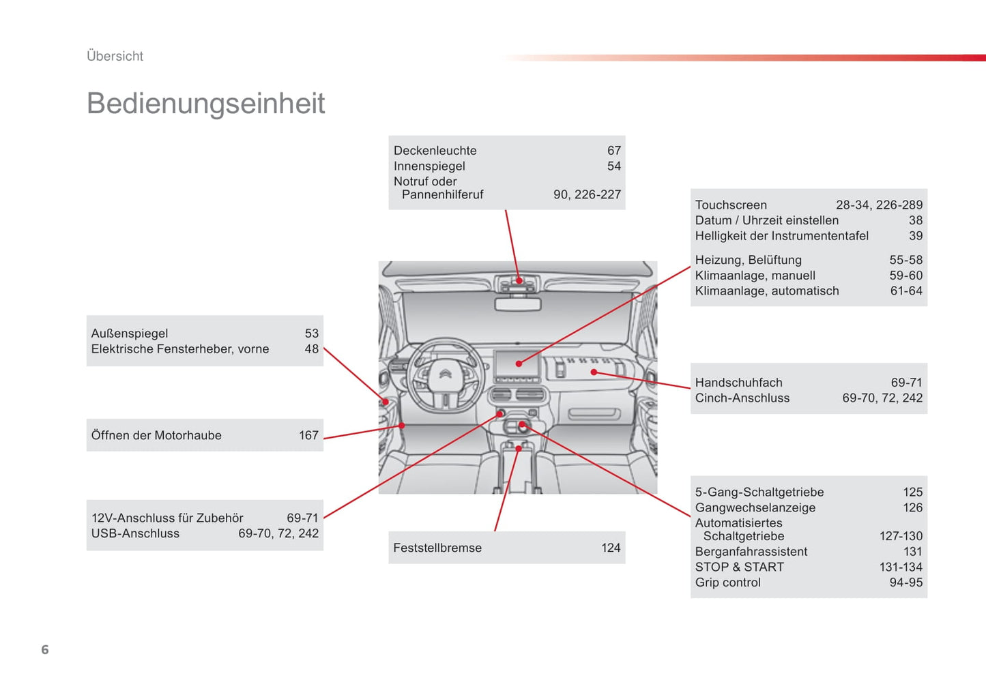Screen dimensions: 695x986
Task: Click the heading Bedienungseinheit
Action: (205, 104)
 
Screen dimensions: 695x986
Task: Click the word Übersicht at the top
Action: (115, 56)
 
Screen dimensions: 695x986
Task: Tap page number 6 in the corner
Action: (45, 649)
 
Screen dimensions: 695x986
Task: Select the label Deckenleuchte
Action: (435, 151)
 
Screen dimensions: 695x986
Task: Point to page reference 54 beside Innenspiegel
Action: (613, 166)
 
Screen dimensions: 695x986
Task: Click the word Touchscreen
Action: (731, 205)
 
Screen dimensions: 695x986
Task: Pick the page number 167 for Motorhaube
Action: (308, 435)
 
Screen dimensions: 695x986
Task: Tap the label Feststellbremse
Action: (437, 548)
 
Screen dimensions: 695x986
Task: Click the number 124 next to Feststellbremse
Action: (611, 548)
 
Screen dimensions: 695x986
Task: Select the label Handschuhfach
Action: (738, 383)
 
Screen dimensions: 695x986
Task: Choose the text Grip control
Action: (727, 582)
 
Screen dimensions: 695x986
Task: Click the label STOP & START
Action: (739, 567)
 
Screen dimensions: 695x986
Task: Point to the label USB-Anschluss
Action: (135, 533)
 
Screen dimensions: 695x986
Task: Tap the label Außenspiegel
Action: (130, 334)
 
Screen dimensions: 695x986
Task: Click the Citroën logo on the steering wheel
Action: (445, 374)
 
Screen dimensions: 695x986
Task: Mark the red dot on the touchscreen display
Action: (519, 364)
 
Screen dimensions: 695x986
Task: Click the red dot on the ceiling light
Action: (519, 280)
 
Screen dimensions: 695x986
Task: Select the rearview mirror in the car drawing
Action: (518, 304)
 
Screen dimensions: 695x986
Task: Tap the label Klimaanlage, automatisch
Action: (767, 291)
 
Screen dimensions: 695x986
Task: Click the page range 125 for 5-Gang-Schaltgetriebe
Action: (912, 492)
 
